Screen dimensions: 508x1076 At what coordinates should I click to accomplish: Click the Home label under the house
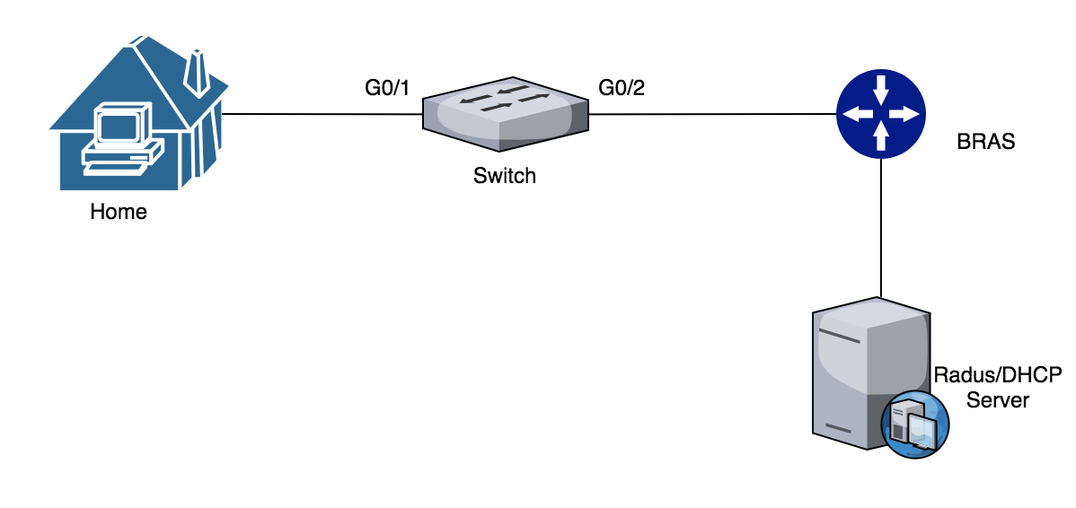coord(118,213)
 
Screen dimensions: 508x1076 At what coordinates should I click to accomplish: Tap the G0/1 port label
coord(386,88)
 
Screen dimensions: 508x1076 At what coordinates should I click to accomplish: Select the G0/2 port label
coord(622,88)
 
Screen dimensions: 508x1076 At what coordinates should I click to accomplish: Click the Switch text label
coord(504,176)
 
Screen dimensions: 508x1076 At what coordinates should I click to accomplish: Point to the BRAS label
coord(985,142)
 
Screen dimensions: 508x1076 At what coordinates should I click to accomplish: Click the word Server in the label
coord(998,400)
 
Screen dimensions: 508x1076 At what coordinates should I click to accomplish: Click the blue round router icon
coord(880,114)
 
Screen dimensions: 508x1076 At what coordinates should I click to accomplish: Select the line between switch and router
coord(710,114)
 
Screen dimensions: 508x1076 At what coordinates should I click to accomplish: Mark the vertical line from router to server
coord(880,224)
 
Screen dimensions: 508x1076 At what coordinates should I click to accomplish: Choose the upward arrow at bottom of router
coord(880,137)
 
